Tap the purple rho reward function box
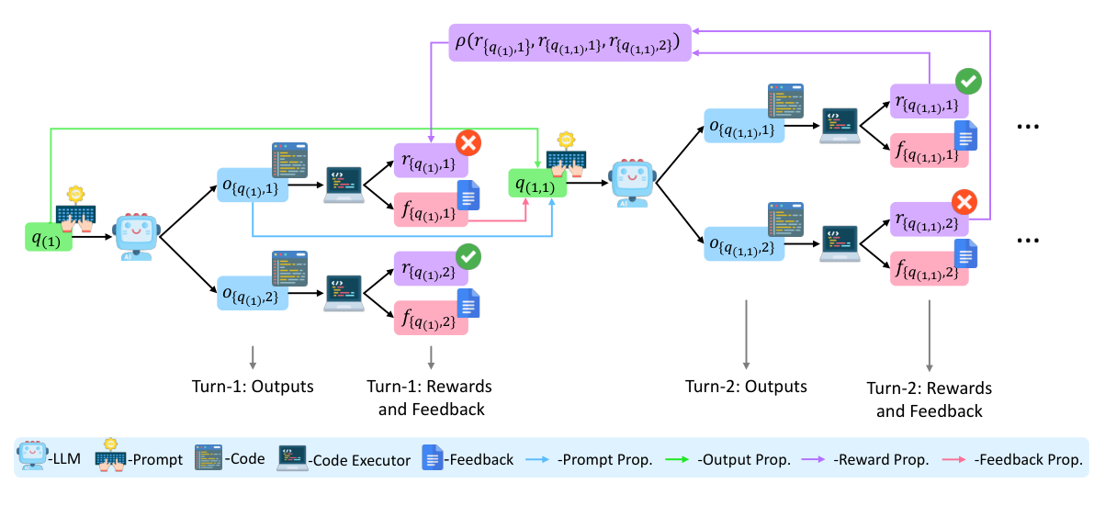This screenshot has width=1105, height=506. (569, 42)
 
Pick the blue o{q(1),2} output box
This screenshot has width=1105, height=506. (252, 293)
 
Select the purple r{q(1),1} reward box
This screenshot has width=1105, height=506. (430, 160)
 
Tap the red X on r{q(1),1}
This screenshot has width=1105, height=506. (469, 142)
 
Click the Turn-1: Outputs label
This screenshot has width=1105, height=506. (252, 386)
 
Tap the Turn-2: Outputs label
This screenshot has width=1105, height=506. (746, 386)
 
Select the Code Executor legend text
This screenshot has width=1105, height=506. (361, 459)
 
